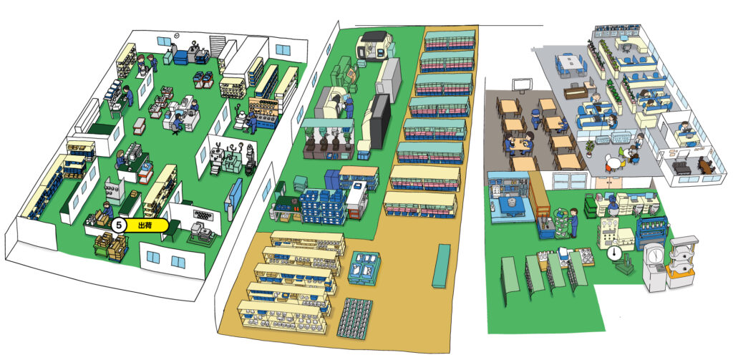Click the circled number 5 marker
(119, 225)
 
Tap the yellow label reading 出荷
(145, 225)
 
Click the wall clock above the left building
(177, 35)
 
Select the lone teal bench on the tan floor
(441, 266)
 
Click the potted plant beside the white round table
(589, 148)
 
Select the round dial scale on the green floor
(613, 253)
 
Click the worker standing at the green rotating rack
(573, 223)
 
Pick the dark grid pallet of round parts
(355, 318)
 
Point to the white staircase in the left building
(218, 47)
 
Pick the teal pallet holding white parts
(364, 268)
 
